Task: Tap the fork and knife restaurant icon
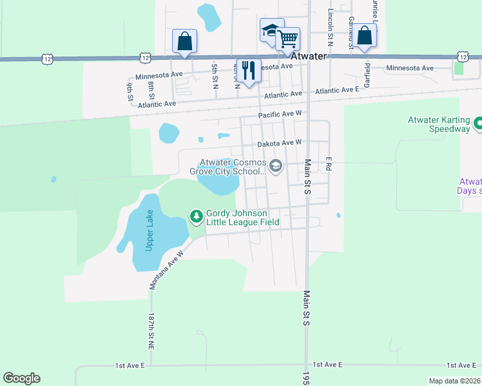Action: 248,70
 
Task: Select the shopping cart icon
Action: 287,39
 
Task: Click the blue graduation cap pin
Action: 271,30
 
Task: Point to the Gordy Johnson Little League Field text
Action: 242,218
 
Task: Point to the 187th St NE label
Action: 151,331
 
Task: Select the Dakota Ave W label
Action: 280,143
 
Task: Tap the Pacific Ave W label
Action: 280,115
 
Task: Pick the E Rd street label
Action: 328,164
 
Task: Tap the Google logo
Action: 21,378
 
